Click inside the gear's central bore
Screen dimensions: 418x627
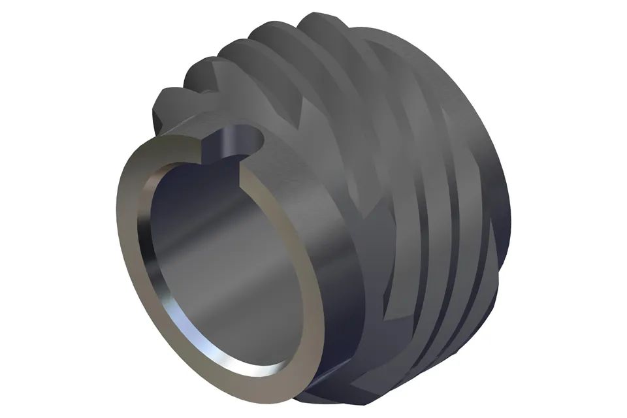pos(216,261)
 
